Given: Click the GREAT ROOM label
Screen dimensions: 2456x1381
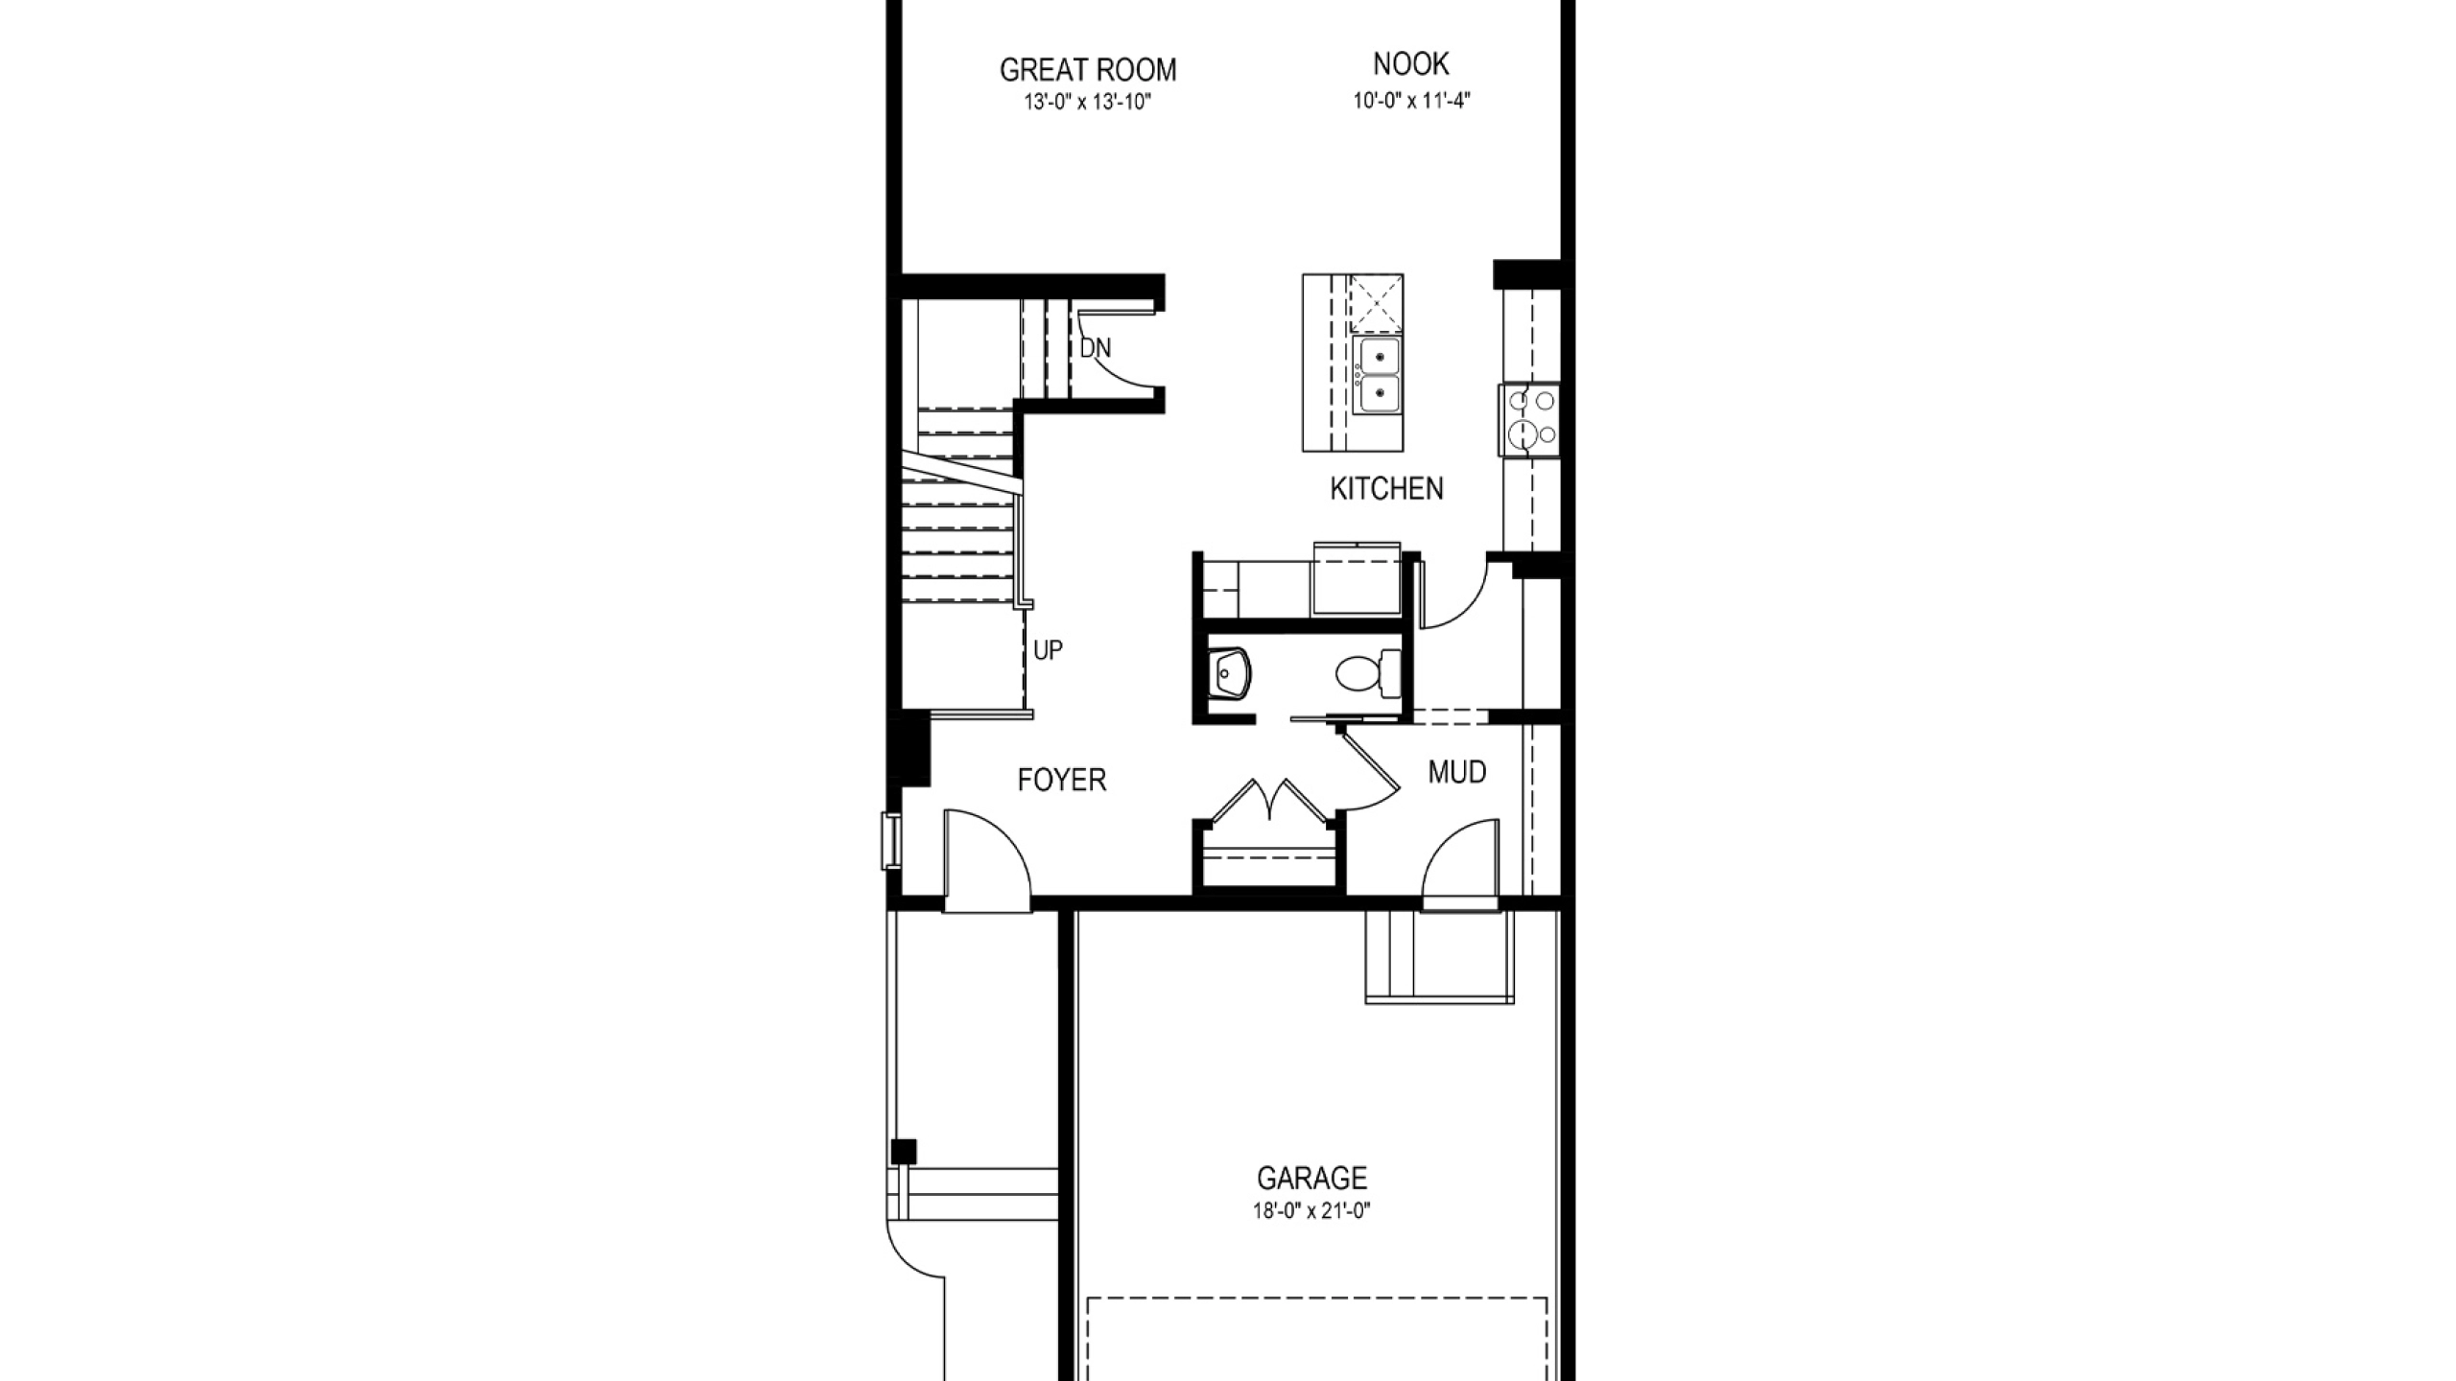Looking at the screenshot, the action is coord(1088,70).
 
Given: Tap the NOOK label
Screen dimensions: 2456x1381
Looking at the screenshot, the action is coord(1411,64).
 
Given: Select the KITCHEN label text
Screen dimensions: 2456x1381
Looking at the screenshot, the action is coord(1386,489).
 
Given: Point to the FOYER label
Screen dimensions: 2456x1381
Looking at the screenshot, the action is coord(1062,781).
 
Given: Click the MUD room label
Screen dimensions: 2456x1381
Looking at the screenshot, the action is coord(1457,772).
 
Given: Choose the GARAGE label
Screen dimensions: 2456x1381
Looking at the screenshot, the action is coord(1312,1178).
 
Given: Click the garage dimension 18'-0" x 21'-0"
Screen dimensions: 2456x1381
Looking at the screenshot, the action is coord(1312,1211).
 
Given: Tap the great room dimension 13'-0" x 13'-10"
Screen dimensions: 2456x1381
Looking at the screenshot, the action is coord(1088,102).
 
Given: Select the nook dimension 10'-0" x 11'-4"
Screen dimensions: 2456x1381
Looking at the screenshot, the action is coord(1412,100).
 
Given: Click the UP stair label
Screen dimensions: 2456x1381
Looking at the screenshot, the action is coord(1048,651).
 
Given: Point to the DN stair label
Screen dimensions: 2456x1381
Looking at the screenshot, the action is coord(1096,348).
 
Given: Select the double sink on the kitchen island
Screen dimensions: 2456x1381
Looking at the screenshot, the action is coord(1377,375).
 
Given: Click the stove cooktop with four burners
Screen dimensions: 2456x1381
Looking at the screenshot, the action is coord(1528,420).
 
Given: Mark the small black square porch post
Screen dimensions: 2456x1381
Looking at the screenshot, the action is coord(903,1152).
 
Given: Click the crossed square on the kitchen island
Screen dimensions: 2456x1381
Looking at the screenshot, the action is coord(1377,303).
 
